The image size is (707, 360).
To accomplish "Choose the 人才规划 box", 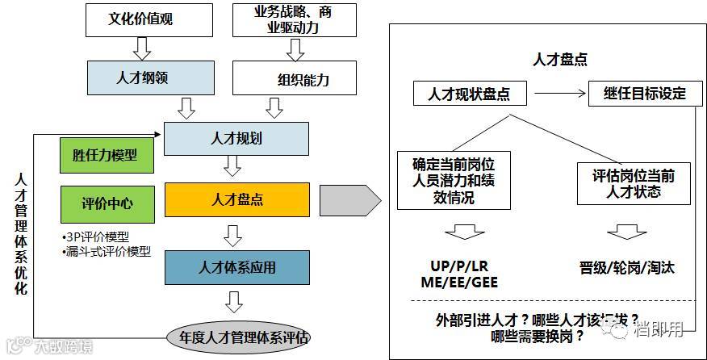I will tap(236, 138).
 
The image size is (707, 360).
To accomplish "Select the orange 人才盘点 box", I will tap(236, 199).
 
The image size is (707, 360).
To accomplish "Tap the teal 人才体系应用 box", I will tap(236, 267).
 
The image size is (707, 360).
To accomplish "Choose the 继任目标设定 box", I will tap(643, 93).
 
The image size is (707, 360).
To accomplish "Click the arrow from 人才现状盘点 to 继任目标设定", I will tap(558, 93).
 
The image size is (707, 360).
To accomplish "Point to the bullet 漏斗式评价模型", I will tap(107, 251).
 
